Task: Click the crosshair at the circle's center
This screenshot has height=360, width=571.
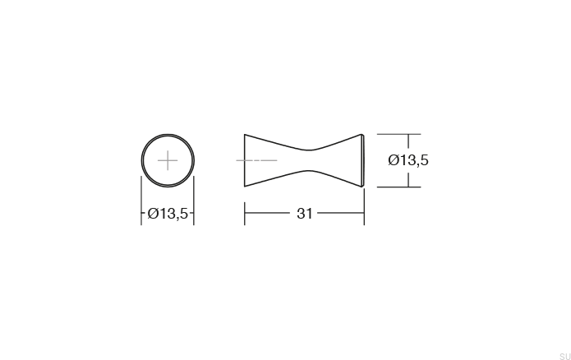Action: point(168,159)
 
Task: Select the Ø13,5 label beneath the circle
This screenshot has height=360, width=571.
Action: point(168,214)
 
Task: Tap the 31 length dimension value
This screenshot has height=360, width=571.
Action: point(304,214)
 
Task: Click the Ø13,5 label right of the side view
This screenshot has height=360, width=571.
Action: point(408,160)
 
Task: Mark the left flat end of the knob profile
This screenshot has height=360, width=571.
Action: point(245,159)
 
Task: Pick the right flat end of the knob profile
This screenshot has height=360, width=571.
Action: point(362,159)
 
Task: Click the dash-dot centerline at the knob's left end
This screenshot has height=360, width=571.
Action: point(256,159)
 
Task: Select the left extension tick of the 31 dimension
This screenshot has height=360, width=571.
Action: point(245,214)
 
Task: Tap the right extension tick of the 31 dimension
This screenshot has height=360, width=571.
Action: point(364,214)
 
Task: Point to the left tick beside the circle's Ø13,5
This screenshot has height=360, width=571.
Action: point(141,214)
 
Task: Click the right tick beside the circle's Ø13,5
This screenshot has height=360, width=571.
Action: point(194,214)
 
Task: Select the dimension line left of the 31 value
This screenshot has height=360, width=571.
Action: point(267,214)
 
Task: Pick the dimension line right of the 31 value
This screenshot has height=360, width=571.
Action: point(340,214)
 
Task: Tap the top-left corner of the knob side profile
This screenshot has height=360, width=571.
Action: point(245,134)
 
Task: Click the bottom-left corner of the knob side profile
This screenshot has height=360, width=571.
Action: point(245,186)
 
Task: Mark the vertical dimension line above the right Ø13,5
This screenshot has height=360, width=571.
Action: point(408,141)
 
